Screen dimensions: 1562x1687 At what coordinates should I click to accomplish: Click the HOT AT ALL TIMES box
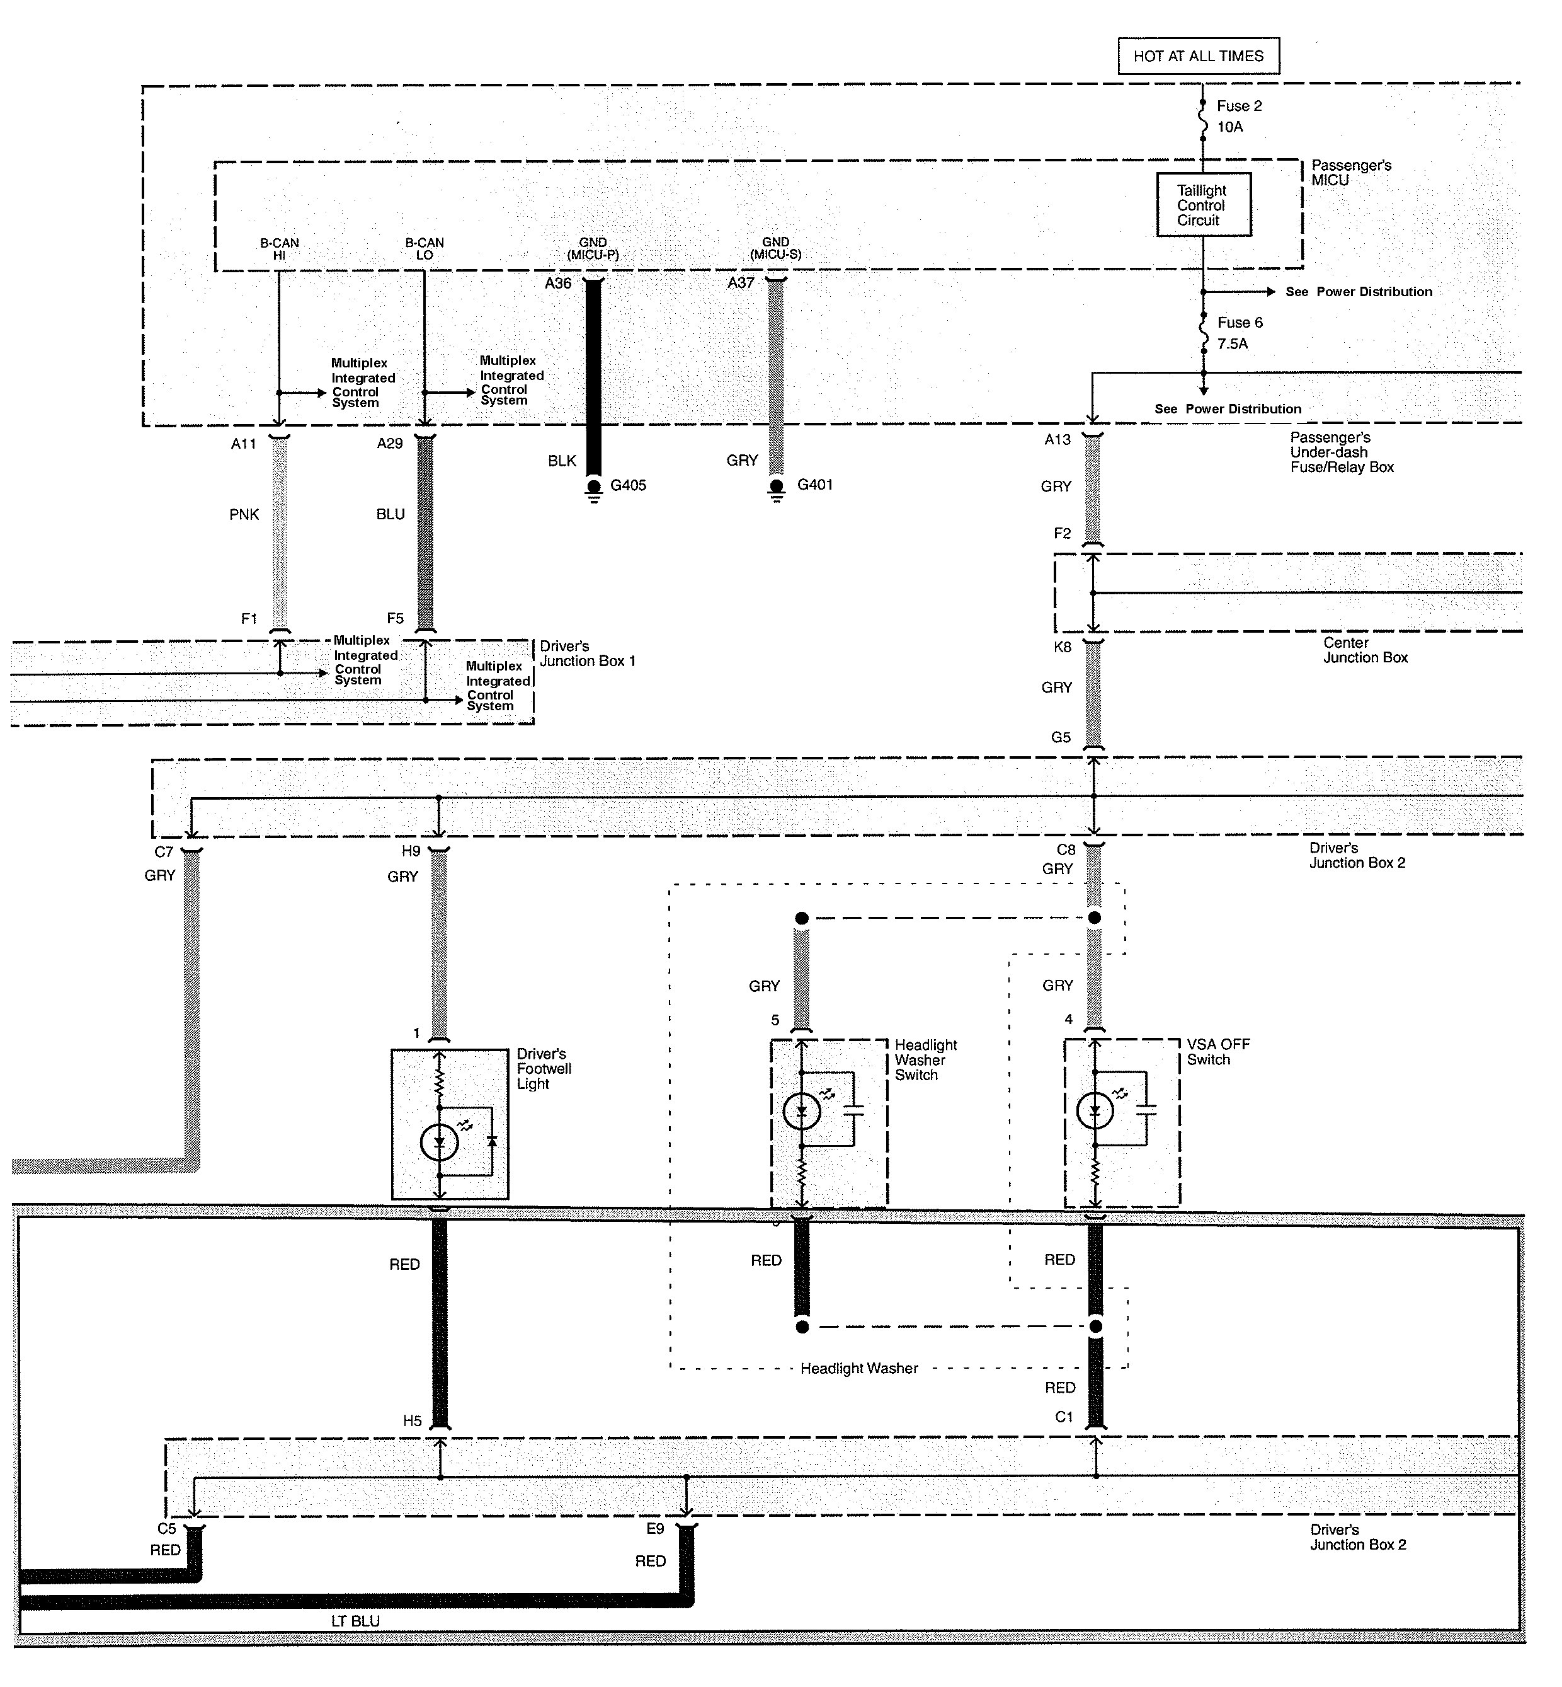pyautogui.click(x=1199, y=56)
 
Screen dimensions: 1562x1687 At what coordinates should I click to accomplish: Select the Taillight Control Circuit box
pyautogui.click(x=1204, y=205)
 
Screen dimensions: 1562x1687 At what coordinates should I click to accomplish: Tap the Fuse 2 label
pyautogui.click(x=1239, y=106)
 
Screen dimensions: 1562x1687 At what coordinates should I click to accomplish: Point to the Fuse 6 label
pyautogui.click(x=1240, y=322)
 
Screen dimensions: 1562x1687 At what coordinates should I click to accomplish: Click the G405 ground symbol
pyautogui.click(x=594, y=490)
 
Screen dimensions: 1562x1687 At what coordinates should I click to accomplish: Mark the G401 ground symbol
pyautogui.click(x=777, y=490)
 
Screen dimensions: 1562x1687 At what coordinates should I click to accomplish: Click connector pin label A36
pyautogui.click(x=558, y=284)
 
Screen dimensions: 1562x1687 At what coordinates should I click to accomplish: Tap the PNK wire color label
pyautogui.click(x=244, y=514)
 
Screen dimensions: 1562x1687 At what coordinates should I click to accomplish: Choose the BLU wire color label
pyautogui.click(x=390, y=514)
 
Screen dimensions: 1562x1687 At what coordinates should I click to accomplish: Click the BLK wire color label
pyautogui.click(x=562, y=461)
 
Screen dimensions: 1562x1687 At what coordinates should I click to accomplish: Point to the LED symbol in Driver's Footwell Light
pyautogui.click(x=440, y=1143)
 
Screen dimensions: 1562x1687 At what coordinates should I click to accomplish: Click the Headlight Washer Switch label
pyautogui.click(x=926, y=1061)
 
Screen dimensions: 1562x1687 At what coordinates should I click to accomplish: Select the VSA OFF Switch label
pyautogui.click(x=1218, y=1052)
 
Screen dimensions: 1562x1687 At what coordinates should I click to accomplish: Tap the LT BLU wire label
pyautogui.click(x=355, y=1621)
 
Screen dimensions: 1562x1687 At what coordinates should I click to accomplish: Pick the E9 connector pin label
pyautogui.click(x=655, y=1529)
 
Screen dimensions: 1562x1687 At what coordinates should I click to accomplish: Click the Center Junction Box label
pyautogui.click(x=1366, y=650)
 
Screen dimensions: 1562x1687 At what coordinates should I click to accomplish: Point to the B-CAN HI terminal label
pyautogui.click(x=279, y=249)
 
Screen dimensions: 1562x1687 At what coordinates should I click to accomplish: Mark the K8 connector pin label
pyautogui.click(x=1063, y=647)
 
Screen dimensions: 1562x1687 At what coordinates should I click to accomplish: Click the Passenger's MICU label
pyautogui.click(x=1351, y=173)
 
